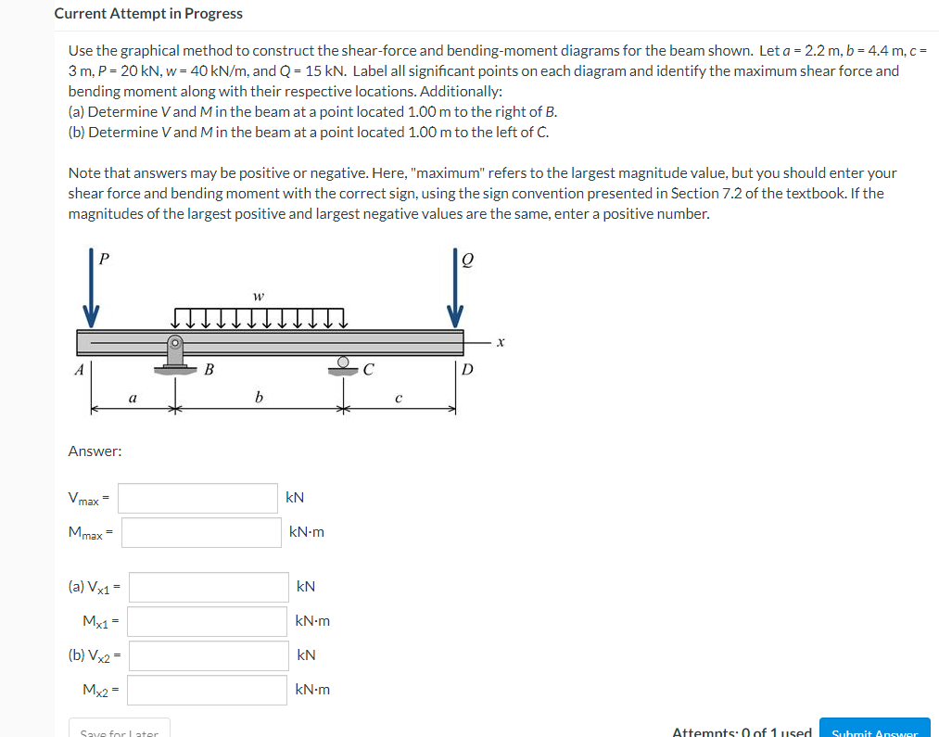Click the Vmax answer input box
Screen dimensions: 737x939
tap(197, 498)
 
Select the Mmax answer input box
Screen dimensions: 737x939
tap(201, 532)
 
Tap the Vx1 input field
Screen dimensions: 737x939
tap(209, 587)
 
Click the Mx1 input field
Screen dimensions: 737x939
tap(209, 621)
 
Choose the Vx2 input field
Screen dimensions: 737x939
tap(209, 655)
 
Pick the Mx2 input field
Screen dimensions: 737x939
tap(209, 690)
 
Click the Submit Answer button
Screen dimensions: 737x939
tap(874, 731)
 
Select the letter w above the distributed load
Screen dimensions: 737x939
tap(258, 297)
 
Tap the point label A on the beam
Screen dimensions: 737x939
tap(79, 370)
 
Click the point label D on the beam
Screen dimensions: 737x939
tap(466, 371)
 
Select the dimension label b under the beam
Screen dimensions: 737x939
tap(259, 398)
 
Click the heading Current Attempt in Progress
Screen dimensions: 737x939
tap(148, 14)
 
